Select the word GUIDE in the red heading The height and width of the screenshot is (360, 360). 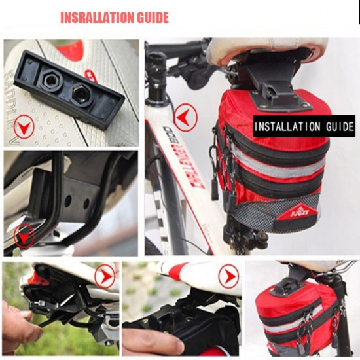tap(151, 18)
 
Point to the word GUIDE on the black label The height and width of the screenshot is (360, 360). tap(338, 126)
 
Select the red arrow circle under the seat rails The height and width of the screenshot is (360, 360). tap(25, 234)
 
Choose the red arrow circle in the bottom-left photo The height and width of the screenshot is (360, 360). tap(104, 276)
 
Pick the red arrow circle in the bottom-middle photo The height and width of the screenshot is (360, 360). tap(228, 276)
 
